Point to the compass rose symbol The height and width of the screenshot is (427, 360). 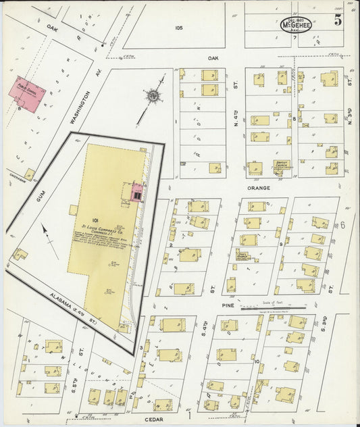(155, 97)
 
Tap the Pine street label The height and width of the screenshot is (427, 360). (226, 305)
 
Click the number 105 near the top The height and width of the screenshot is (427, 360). (178, 28)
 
